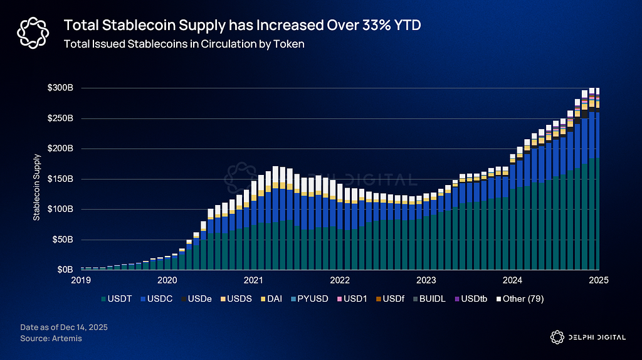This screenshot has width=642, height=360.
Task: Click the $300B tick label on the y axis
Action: click(x=60, y=88)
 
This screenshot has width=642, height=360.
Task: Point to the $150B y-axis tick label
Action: click(x=60, y=179)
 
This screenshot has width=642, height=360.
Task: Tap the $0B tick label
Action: click(x=65, y=270)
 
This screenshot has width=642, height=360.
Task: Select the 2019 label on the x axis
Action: click(x=80, y=281)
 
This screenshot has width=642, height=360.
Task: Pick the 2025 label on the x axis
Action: click(x=599, y=281)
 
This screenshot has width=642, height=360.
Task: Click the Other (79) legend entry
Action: click(x=523, y=299)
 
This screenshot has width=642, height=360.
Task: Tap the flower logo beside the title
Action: click(x=32, y=31)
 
